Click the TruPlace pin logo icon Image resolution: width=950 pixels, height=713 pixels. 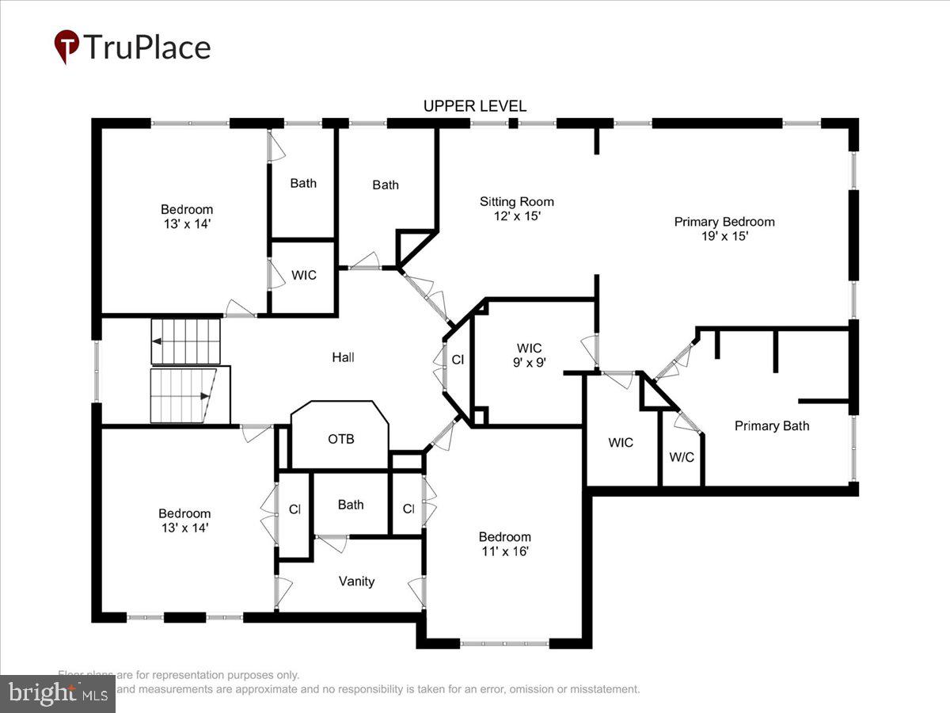pos(66,46)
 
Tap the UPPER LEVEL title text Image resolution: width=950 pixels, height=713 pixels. pos(474,106)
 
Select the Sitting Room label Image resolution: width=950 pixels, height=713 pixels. pos(516,201)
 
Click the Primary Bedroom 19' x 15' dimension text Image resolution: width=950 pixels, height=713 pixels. pos(724,236)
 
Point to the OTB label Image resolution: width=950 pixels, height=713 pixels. pos(340,439)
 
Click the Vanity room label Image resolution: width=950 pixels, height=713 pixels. pos(356,581)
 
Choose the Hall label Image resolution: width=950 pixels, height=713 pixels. pos(343,357)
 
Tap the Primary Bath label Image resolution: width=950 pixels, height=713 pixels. pos(772,425)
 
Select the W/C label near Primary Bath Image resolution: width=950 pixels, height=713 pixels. pos(681,457)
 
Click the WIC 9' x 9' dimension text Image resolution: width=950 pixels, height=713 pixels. pos(529,362)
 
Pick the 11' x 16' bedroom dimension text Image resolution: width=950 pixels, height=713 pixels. pos(504,551)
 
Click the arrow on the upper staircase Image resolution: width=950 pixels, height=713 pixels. pos(158,341)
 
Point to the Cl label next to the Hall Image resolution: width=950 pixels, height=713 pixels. pos(458,359)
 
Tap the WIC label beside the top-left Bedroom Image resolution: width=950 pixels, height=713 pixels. pos(304,275)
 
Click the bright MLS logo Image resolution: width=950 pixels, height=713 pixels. pos(57,693)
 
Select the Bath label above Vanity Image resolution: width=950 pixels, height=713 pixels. pos(351,505)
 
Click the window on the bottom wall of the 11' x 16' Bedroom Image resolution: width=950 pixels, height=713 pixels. pos(504,643)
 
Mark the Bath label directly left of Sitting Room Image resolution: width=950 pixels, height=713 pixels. pos(386,185)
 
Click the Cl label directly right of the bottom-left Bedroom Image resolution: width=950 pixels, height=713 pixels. pos(294,509)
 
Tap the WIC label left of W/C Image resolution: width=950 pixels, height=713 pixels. pos(621,442)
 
